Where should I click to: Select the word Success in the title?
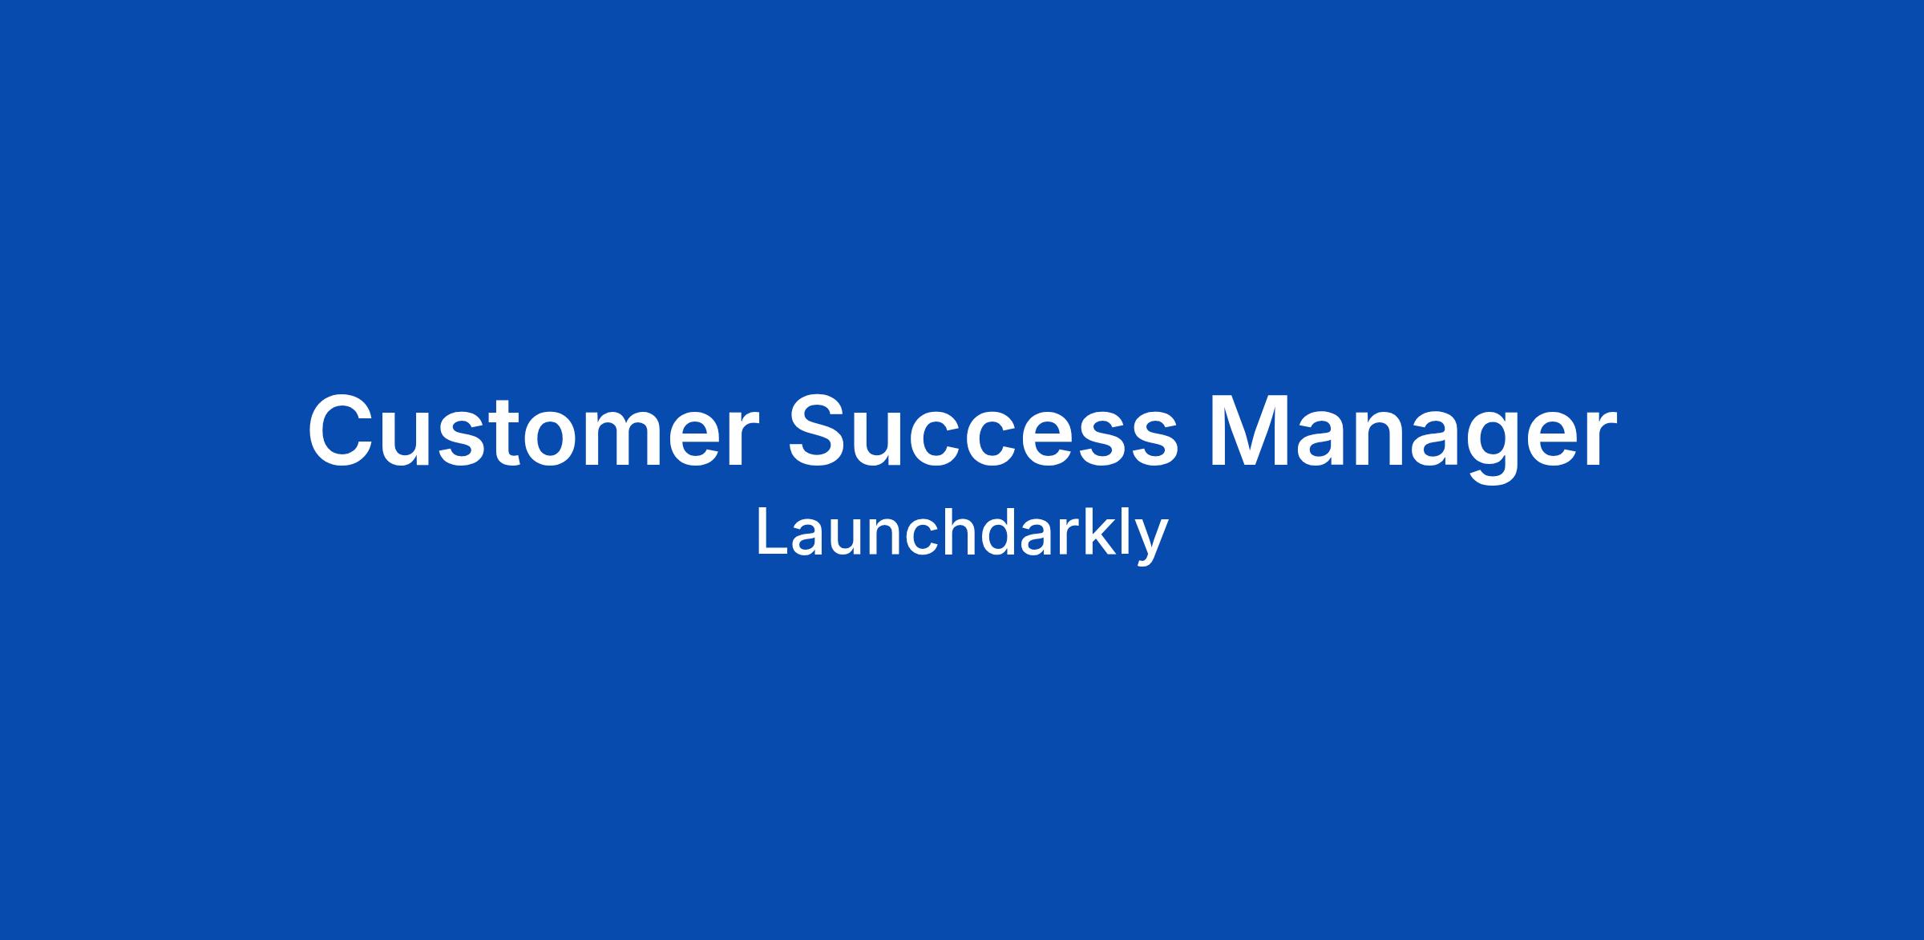coord(984,430)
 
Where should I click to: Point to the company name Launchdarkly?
coord(962,535)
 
